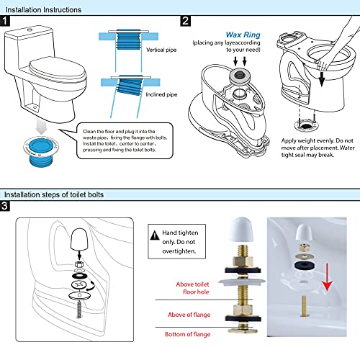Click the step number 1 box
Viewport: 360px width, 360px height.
(6, 22)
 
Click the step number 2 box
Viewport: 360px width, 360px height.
(185, 22)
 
